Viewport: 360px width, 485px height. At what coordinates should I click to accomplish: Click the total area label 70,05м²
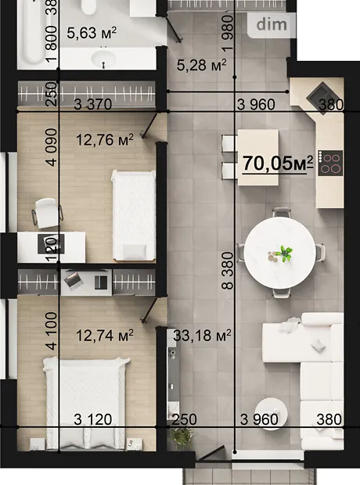[278, 163]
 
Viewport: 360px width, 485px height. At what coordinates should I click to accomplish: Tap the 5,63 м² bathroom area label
[92, 33]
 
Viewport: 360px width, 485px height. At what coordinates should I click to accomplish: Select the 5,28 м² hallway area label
[201, 65]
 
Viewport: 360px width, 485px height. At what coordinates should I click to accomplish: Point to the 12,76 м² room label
[105, 140]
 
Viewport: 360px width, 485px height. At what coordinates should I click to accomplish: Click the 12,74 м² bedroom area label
[105, 336]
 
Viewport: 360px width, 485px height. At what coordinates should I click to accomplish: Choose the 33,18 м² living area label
[202, 336]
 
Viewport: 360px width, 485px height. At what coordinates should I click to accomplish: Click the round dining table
[280, 253]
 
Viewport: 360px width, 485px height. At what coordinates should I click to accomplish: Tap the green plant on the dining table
[285, 253]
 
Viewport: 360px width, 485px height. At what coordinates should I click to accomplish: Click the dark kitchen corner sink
[322, 98]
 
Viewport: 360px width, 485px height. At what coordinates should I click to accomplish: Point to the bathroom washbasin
[104, 58]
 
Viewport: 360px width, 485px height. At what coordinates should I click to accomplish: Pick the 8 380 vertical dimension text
[229, 271]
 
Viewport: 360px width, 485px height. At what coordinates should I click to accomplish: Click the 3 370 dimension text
[93, 105]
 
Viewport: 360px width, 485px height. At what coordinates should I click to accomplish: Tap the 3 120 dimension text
[93, 420]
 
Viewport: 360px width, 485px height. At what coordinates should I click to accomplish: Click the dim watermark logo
[272, 25]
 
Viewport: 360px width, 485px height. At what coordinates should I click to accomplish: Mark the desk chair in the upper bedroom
[47, 213]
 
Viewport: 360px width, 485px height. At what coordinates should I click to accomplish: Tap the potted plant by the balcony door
[182, 438]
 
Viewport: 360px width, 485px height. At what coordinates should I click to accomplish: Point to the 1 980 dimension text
[228, 33]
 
